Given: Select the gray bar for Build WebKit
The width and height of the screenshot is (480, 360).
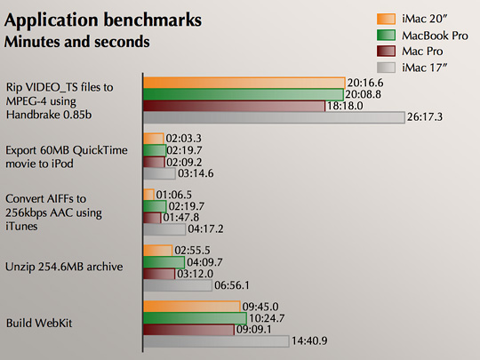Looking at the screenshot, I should pos(216,340).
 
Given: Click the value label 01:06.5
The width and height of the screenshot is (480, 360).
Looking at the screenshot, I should pos(174,195).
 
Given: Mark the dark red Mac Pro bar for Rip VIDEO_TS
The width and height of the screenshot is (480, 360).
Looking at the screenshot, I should pos(235,106).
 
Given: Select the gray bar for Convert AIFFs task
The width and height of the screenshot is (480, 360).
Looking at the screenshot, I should pos(160,228).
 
